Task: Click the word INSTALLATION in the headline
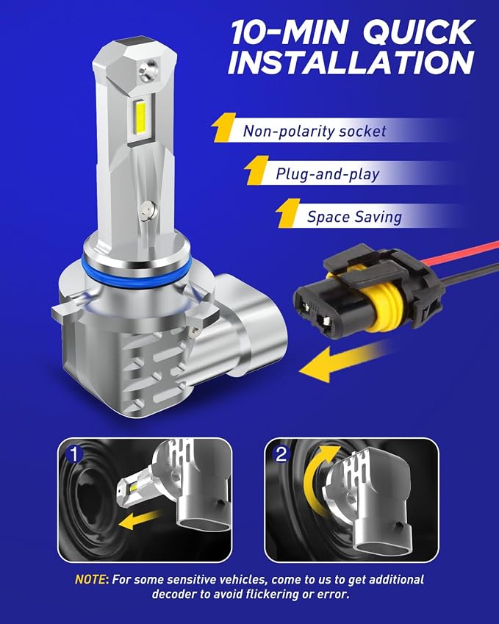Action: coord(351,62)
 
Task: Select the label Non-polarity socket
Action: coord(315,131)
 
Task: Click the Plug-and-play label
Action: coord(328,174)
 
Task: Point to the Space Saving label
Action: coord(354,217)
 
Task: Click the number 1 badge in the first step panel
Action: coord(73,453)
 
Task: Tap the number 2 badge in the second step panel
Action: coord(281,453)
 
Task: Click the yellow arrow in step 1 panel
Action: coord(140,520)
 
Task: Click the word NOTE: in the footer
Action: coord(92,579)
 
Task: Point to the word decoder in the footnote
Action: coord(174,594)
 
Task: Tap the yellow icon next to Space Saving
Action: coord(288,213)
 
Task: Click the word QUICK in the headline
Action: coord(419,32)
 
